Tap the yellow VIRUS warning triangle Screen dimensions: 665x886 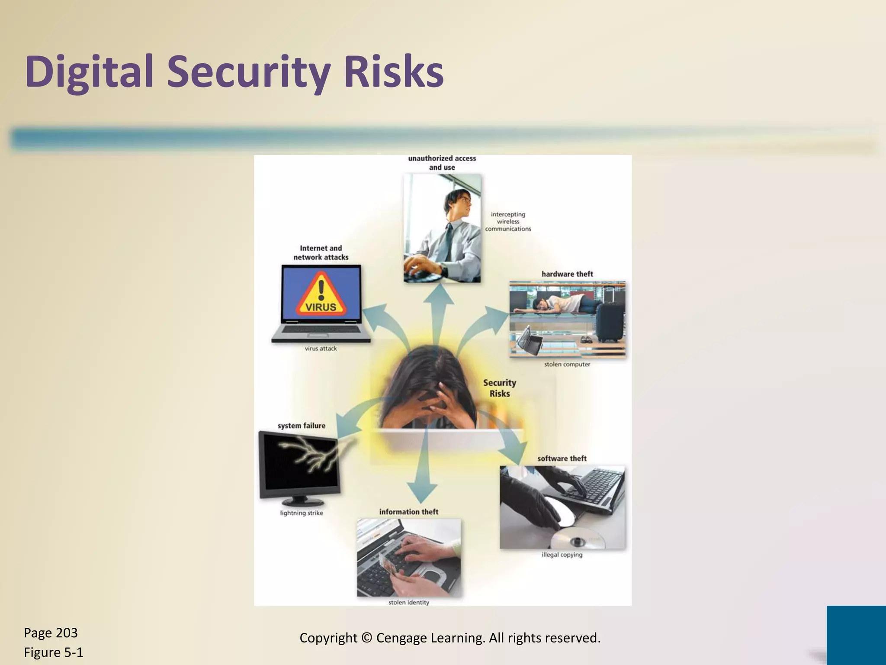click(x=321, y=294)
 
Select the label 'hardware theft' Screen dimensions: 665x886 click(x=567, y=274)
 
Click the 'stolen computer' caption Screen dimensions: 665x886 click(x=567, y=365)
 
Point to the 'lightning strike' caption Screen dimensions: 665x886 click(x=302, y=513)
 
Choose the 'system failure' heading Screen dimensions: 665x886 click(x=301, y=426)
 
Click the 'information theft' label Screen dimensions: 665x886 click(x=408, y=512)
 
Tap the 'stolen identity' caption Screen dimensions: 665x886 click(x=408, y=602)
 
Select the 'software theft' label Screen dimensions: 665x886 click(x=562, y=458)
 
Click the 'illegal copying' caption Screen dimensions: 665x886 click(x=562, y=555)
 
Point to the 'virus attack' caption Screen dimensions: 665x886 click(x=321, y=349)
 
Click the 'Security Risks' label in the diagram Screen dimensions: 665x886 click(x=499, y=388)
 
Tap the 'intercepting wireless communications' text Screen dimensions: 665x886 click(x=508, y=221)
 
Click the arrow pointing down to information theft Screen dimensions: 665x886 click(x=422, y=481)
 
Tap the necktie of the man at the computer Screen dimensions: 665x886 click(x=449, y=240)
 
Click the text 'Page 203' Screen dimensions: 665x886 click(x=51, y=633)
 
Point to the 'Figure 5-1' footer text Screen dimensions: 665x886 click(x=53, y=652)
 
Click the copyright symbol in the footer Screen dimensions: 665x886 click(x=366, y=638)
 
